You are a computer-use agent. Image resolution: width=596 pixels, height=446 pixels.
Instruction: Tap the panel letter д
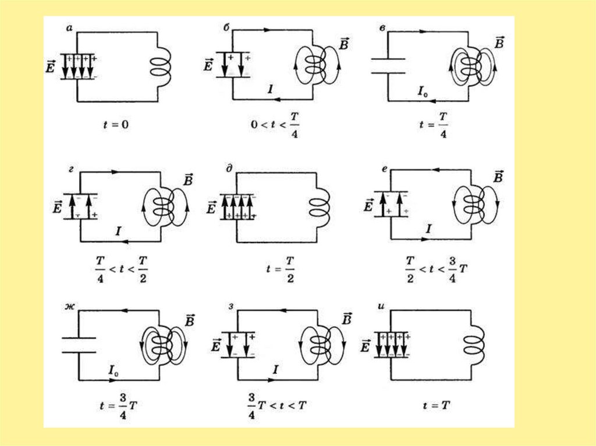pyautogui.click(x=229, y=170)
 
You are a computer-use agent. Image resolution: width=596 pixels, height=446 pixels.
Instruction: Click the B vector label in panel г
pyautogui.click(x=187, y=180)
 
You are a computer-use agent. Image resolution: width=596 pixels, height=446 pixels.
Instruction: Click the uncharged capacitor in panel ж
pyautogui.click(x=79, y=345)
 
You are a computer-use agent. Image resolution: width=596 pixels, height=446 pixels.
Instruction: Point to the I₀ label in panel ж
pyautogui.click(x=115, y=369)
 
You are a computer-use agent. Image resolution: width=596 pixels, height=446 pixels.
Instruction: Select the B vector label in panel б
pyautogui.click(x=343, y=45)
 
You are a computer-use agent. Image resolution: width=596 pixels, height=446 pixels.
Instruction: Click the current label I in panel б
pyautogui.click(x=269, y=89)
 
